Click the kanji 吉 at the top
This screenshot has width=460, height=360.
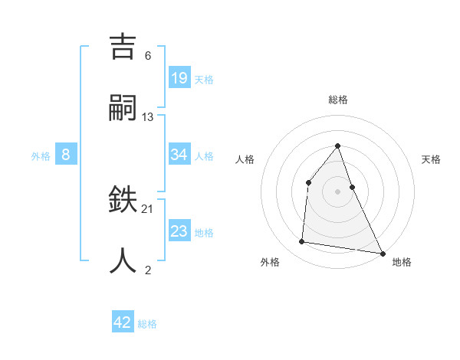[x=125, y=48]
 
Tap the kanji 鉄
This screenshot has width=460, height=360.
[x=125, y=201]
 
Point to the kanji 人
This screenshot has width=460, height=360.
[x=125, y=260]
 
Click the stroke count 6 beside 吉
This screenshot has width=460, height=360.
[x=148, y=56]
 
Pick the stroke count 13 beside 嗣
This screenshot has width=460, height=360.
[x=148, y=116]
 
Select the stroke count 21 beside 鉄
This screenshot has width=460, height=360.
[x=148, y=208]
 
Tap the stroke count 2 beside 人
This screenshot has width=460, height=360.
[x=148, y=270]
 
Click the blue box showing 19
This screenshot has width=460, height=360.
[x=179, y=77]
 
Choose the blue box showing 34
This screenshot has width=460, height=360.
[x=179, y=155]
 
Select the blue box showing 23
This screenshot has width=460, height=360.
[x=179, y=231]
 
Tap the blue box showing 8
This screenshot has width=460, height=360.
[x=66, y=155]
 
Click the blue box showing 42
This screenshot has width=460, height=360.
[x=123, y=322]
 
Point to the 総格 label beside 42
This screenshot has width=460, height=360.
[x=147, y=324]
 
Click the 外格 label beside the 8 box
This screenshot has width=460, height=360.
[x=41, y=156]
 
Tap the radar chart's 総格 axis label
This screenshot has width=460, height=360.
[x=337, y=100]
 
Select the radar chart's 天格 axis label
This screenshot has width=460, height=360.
[x=432, y=159]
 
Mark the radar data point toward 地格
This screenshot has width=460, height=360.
[x=382, y=253]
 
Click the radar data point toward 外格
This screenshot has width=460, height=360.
[x=302, y=242]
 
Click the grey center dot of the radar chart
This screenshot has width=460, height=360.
[x=337, y=191]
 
